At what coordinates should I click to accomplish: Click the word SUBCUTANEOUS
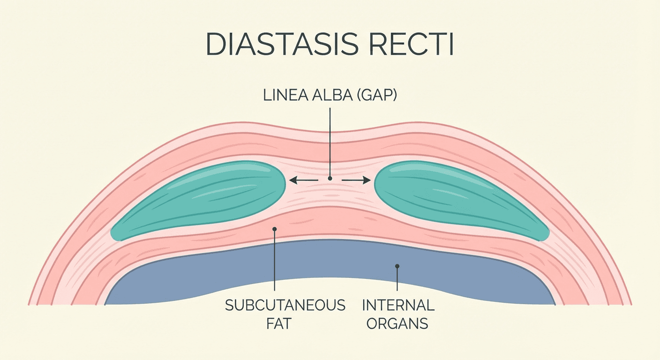pyautogui.click(x=285, y=306)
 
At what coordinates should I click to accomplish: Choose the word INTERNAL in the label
pyautogui.click(x=398, y=306)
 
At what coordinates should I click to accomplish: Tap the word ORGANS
pyautogui.click(x=397, y=323)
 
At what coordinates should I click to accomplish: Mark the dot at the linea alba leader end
pyautogui.click(x=330, y=179)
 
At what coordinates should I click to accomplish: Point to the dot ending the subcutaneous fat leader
pyautogui.click(x=274, y=229)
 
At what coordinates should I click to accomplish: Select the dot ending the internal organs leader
pyautogui.click(x=397, y=266)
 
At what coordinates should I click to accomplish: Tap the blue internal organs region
pyautogui.click(x=328, y=262)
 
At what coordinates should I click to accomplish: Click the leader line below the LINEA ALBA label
pyautogui.click(x=330, y=141)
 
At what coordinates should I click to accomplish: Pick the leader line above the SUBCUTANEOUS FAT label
pyautogui.click(x=274, y=262)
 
